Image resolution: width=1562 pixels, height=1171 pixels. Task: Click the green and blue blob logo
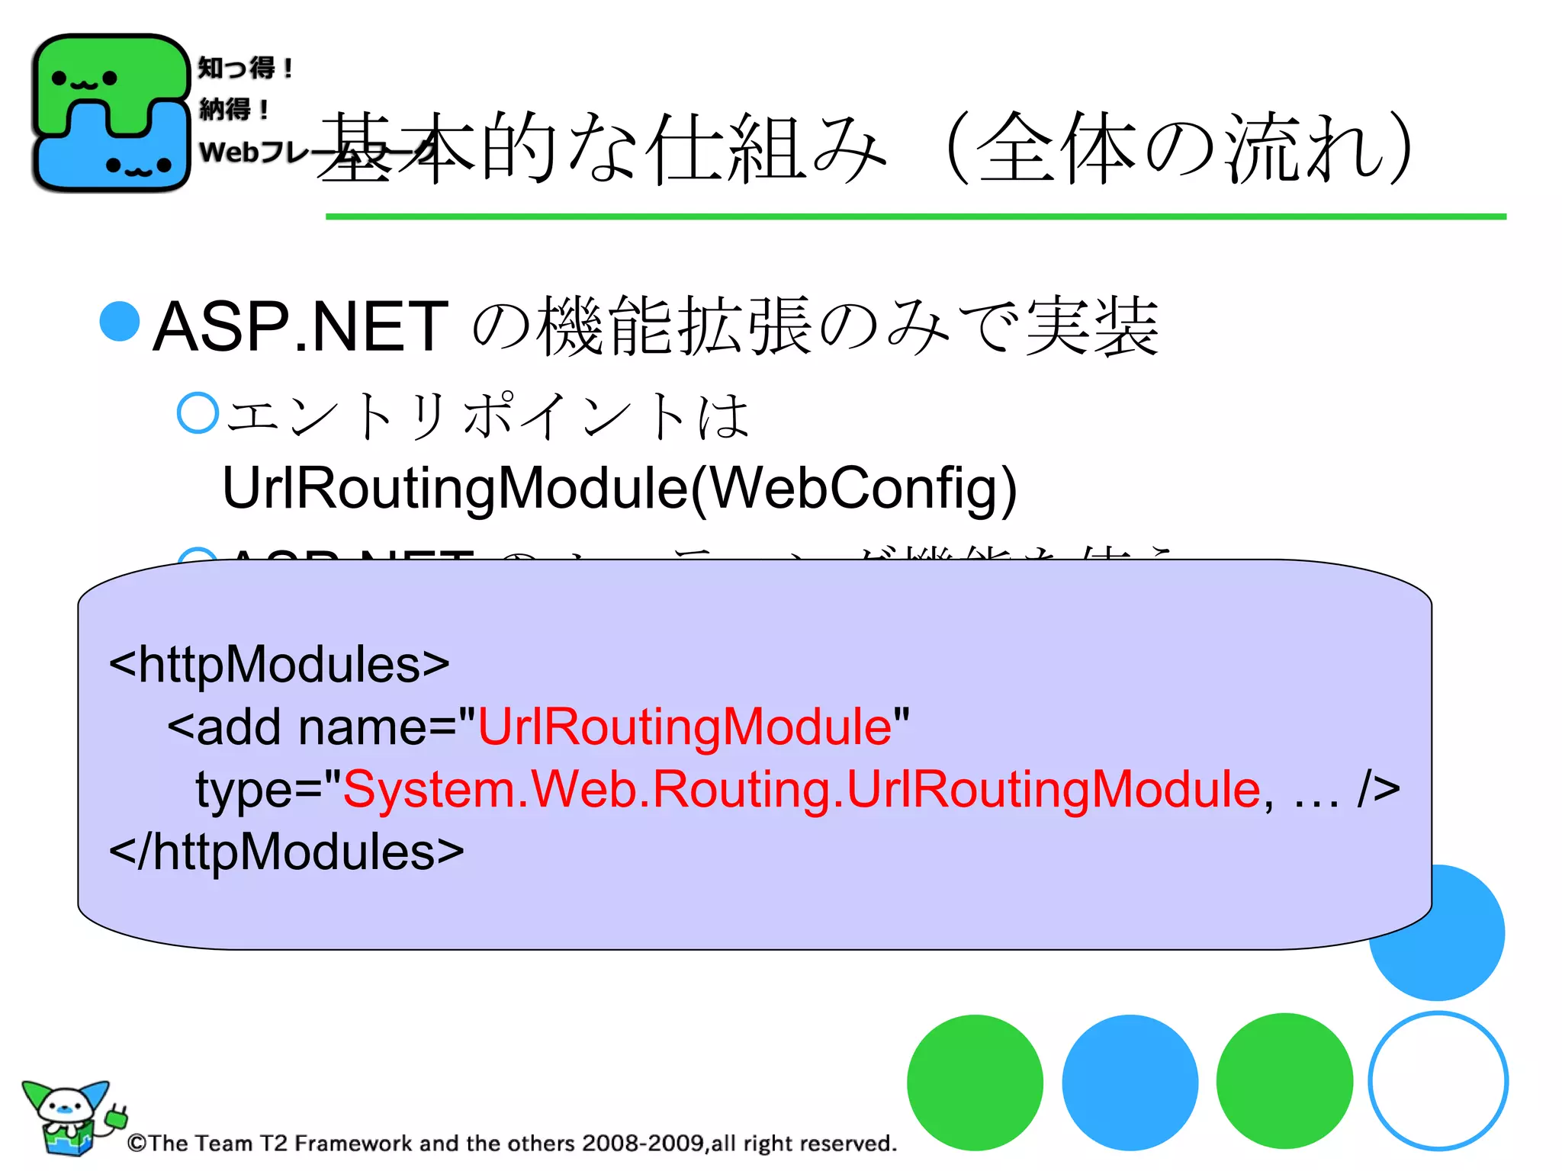click(x=111, y=113)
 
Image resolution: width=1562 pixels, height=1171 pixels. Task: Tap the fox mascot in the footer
click(x=69, y=1117)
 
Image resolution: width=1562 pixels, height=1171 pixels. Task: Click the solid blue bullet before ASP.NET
click(x=120, y=321)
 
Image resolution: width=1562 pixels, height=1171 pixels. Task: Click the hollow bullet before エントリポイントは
click(x=198, y=413)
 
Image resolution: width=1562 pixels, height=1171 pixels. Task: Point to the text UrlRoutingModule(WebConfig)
click(x=619, y=488)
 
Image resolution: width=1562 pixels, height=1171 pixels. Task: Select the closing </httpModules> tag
click(x=286, y=852)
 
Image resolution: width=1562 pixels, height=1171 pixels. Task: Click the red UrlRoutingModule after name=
click(x=684, y=727)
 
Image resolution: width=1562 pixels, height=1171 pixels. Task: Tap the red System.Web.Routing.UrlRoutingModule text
click(x=801, y=789)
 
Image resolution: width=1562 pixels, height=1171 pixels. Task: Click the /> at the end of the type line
click(x=1378, y=789)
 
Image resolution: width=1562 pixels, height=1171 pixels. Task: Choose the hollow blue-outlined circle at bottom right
click(x=1438, y=1081)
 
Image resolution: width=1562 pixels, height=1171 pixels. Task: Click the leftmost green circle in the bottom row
click(x=975, y=1083)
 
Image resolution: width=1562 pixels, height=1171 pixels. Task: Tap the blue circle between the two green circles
click(x=1130, y=1083)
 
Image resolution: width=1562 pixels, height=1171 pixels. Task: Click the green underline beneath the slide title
click(x=915, y=217)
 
